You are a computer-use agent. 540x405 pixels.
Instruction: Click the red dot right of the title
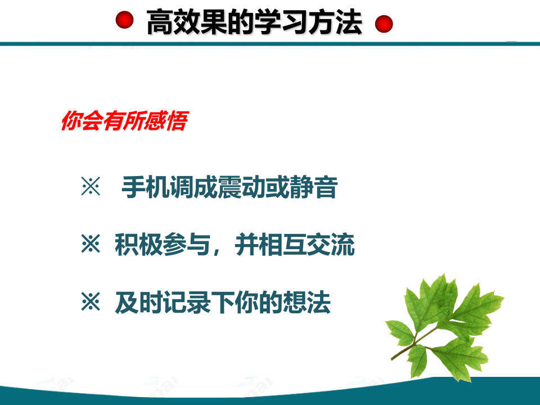(x=384, y=24)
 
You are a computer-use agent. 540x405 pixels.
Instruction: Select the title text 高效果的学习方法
(x=254, y=23)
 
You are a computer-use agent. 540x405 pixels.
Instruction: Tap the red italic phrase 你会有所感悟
(x=123, y=122)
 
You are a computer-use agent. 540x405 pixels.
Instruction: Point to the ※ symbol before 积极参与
(x=90, y=246)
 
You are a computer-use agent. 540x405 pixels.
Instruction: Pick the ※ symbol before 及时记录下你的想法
(x=90, y=303)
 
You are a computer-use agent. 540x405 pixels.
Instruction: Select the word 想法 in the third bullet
(x=313, y=303)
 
